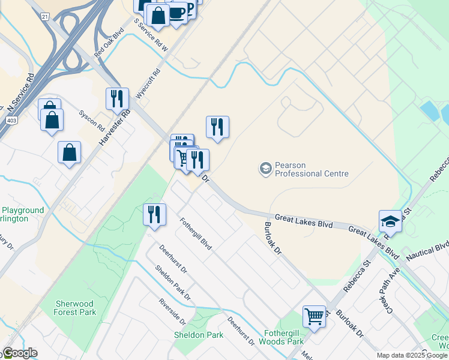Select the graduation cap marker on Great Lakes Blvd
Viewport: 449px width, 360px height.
click(x=390, y=221)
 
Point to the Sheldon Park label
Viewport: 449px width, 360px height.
click(x=199, y=334)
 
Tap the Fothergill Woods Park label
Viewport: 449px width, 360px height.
click(x=284, y=337)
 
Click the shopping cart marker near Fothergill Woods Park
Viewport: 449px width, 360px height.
click(x=315, y=316)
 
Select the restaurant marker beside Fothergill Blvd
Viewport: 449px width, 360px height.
click(x=154, y=214)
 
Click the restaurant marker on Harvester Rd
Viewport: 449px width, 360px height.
click(x=117, y=98)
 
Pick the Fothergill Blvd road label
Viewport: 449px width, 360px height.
click(x=196, y=234)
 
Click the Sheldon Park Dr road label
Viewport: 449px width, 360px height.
click(x=172, y=283)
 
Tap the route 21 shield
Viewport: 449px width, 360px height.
click(x=45, y=17)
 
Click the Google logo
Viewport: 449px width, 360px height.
click(x=20, y=353)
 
